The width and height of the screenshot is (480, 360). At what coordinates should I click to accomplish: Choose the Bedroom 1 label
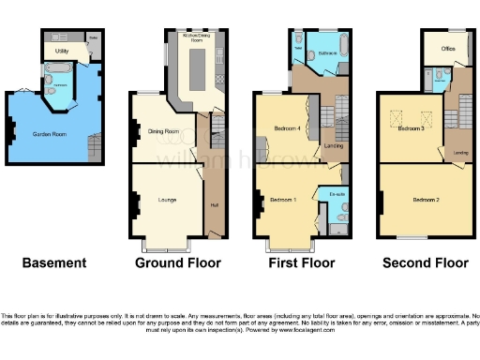click(282, 200)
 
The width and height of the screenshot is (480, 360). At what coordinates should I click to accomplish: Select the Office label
click(437, 46)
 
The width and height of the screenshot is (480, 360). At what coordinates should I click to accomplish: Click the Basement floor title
click(53, 263)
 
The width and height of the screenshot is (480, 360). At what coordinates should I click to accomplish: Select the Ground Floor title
click(171, 263)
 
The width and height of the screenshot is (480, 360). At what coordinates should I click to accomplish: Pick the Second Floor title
click(425, 263)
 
